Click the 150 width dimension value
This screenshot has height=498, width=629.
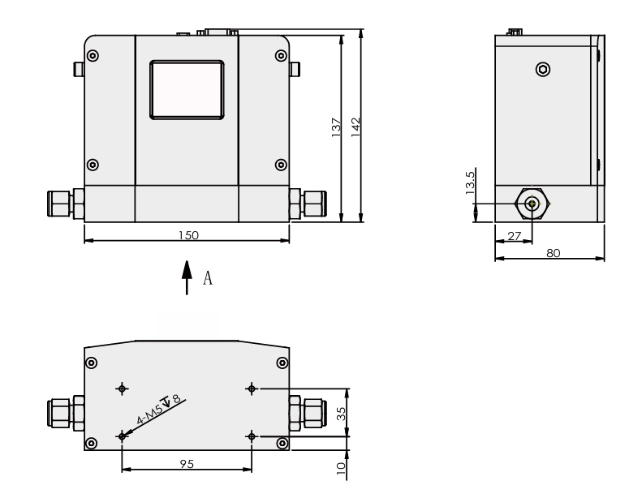pos(188,234)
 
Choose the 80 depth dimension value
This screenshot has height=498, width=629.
pos(552,253)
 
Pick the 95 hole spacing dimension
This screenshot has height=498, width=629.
pos(187,465)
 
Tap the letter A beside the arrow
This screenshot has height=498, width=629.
pos(208,279)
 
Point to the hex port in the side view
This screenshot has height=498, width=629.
pos(532,204)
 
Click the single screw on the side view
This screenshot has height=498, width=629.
pos(542,70)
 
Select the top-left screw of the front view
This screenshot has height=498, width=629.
pos(93,56)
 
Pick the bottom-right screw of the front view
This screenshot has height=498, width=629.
pos(281,164)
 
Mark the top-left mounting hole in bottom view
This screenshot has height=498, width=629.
pos(123,389)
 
